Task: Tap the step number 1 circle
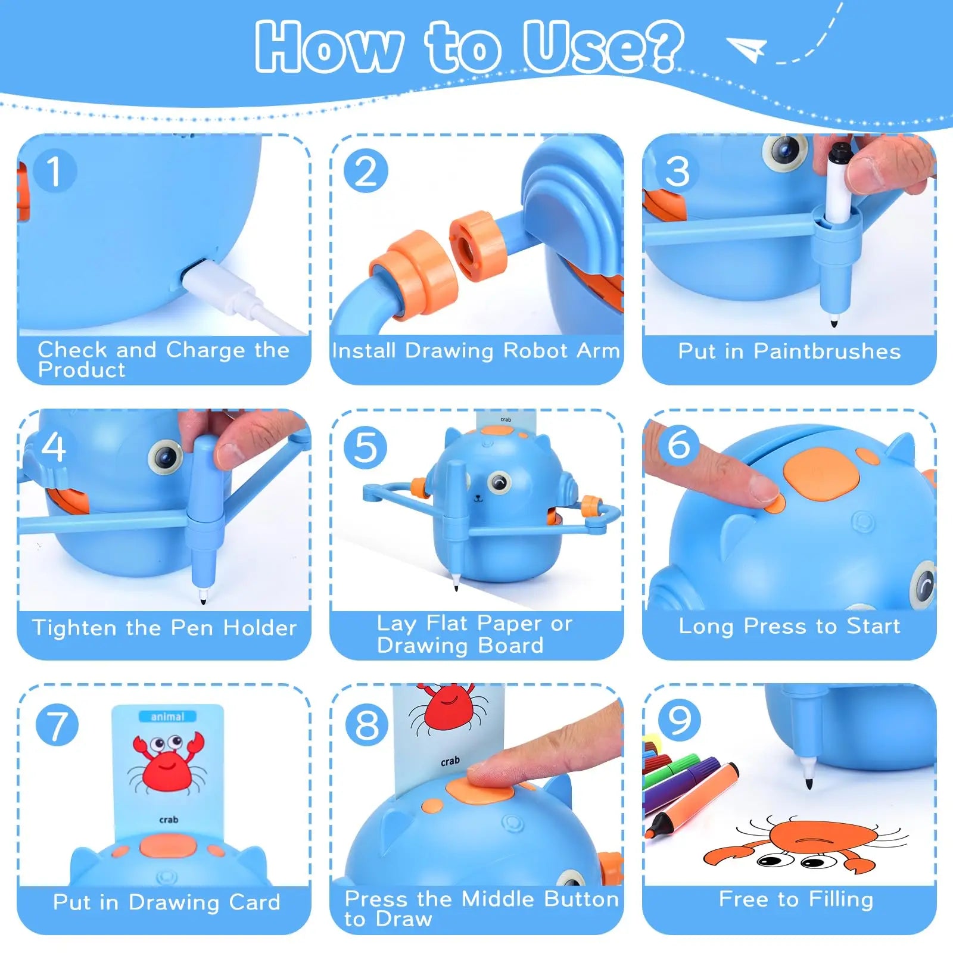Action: [55, 171]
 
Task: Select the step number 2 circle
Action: [366, 171]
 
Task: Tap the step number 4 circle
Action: [54, 447]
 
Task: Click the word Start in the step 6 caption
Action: [873, 626]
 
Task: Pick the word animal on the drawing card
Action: [167, 716]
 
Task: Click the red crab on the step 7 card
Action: [167, 763]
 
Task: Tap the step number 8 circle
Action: [366, 724]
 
